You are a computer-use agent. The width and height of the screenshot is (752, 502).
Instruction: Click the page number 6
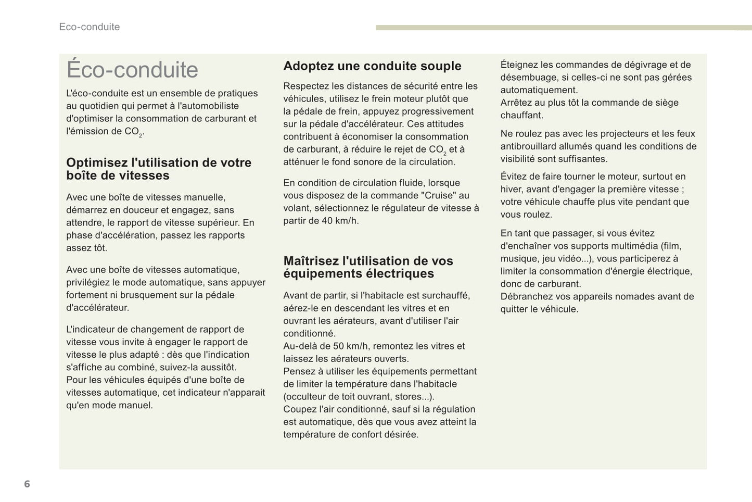tap(27, 484)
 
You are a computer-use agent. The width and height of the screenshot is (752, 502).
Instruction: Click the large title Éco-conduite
tap(132, 70)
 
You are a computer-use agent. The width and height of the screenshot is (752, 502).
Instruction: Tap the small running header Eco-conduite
tap(90, 27)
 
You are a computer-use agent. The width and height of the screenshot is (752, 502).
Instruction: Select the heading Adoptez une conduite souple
tap(372, 66)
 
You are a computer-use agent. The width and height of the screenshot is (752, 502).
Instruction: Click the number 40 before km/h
tap(327, 221)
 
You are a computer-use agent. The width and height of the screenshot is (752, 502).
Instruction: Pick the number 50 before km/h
tap(338, 346)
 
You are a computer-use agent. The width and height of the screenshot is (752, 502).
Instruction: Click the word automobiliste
tap(208, 106)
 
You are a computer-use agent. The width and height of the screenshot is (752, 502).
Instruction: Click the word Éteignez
tap(519, 65)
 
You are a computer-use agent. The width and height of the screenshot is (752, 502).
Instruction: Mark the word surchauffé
tap(445, 296)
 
